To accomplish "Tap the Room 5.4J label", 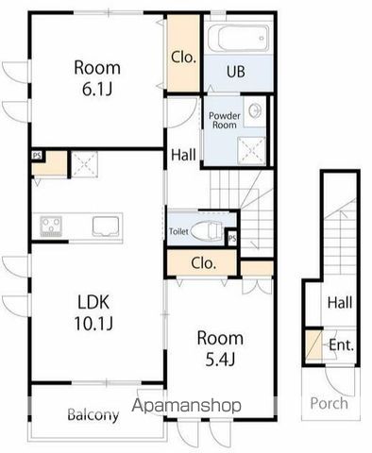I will point(220,347).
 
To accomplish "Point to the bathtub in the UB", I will point(238,40).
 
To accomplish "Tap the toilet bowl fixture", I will point(211,230).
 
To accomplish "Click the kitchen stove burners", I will point(51,225).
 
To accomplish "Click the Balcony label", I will point(93,415).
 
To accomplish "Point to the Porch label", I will point(330,403).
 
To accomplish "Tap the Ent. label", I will point(341,345).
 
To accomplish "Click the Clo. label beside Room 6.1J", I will point(183,57).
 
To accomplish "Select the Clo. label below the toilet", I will point(202,263).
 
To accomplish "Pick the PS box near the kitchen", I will point(36,156).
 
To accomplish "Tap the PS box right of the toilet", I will point(231,238).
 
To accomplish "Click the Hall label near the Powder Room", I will point(183,157).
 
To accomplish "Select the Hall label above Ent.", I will point(340,303).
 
